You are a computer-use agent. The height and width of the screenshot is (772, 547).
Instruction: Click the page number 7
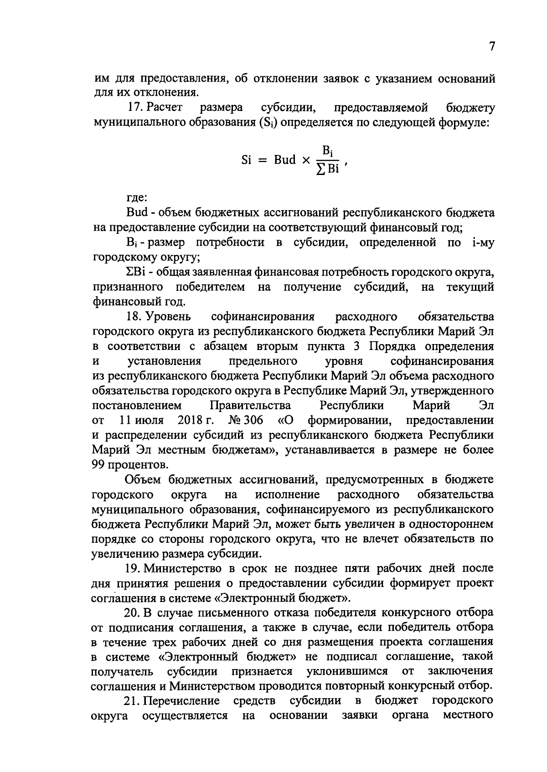click(x=491, y=46)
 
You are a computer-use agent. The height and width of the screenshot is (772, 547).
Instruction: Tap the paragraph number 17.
click(x=133, y=108)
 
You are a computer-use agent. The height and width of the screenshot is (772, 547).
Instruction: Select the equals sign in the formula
click(x=263, y=160)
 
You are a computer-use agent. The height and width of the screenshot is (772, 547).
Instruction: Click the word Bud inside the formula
click(x=284, y=160)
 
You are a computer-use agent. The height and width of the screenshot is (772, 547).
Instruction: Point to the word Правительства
click(x=250, y=405)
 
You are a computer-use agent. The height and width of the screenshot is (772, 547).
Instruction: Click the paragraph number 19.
click(x=133, y=568)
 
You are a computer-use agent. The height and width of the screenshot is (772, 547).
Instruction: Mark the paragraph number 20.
click(x=133, y=612)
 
